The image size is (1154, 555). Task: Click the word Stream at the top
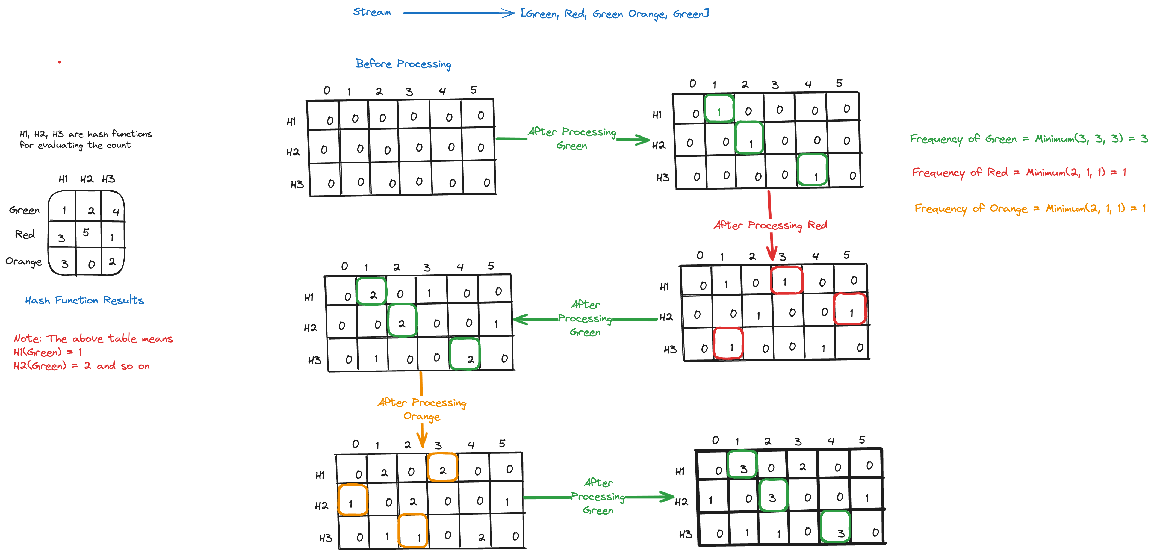coord(372,12)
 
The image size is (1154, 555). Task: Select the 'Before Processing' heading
coord(403,64)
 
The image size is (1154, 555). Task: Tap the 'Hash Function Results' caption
coord(84,300)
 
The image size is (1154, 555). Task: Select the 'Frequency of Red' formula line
coord(1019,172)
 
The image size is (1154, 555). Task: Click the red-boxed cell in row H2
coord(850,309)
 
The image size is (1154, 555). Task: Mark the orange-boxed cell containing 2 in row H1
coord(442,468)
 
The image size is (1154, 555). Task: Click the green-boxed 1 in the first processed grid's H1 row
coord(719,109)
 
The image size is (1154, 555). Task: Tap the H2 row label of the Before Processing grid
coord(293,152)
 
